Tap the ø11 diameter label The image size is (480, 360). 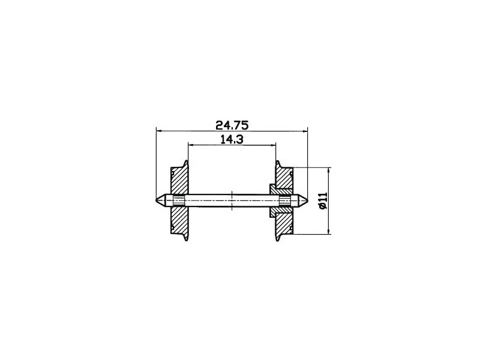[x=323, y=201]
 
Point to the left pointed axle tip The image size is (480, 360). [x=158, y=200]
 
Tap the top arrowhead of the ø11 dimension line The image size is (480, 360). [x=330, y=170]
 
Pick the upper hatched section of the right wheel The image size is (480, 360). [x=283, y=180]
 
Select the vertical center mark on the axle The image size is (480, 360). [x=232, y=200]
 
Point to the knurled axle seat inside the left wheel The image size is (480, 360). [x=179, y=200]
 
